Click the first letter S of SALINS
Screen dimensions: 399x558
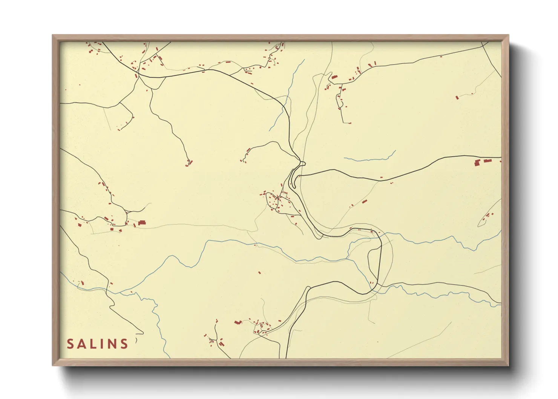coord(70,344)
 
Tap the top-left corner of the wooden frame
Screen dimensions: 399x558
coord(53,35)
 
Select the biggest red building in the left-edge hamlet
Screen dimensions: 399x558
coord(142,223)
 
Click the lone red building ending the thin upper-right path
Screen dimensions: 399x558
coord(457,97)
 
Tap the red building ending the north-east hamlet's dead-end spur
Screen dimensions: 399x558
coord(349,123)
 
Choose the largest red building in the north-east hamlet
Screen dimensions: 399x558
coord(334,77)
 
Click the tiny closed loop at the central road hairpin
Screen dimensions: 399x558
coord(302,163)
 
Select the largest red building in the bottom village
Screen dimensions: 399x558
coord(238,322)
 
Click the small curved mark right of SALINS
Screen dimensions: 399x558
coord(135,341)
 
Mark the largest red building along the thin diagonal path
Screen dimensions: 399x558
coord(364,202)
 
